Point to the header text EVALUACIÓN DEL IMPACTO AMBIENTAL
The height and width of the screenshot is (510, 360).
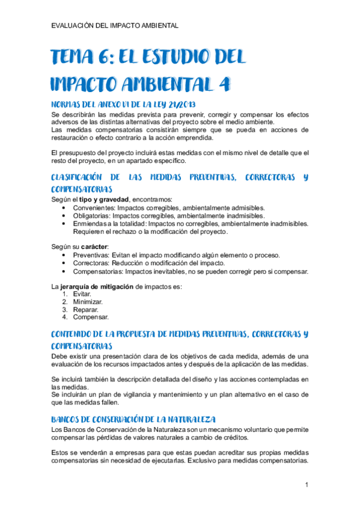(x=115, y=26)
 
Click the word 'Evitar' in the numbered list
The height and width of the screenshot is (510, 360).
(x=82, y=294)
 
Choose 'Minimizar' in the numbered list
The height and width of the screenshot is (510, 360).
(x=88, y=302)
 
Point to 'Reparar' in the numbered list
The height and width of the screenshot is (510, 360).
(x=85, y=310)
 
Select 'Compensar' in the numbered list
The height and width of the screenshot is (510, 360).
(x=91, y=317)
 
